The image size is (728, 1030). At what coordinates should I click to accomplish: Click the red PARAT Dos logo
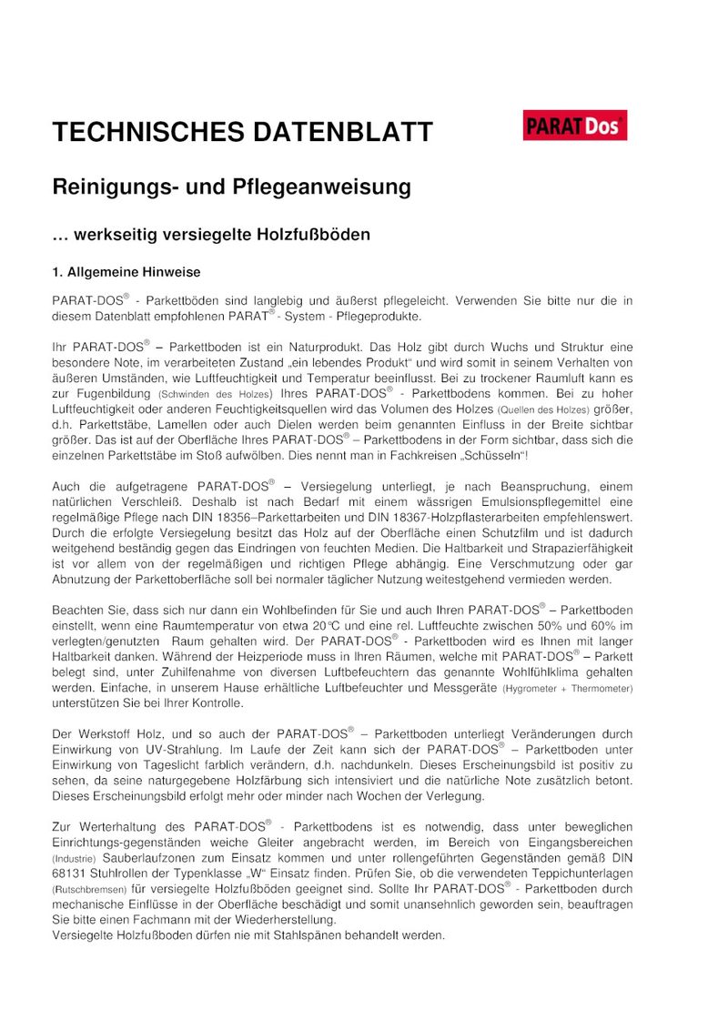tap(575, 126)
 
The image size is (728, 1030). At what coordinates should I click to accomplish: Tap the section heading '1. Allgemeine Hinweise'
tap(126, 272)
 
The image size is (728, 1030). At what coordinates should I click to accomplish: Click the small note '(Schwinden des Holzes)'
tap(215, 395)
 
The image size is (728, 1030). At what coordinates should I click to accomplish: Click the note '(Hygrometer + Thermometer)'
tap(567, 688)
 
